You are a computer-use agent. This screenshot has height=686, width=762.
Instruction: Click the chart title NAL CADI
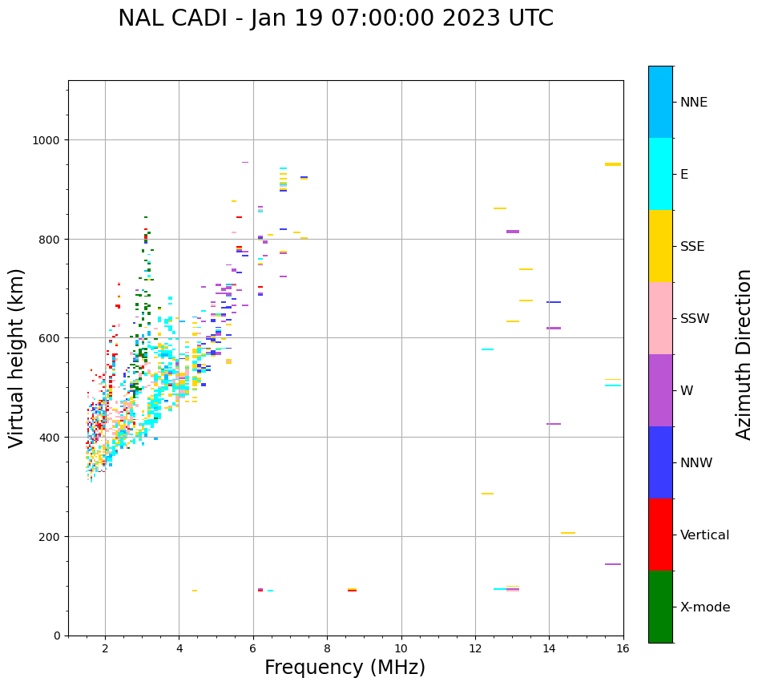coord(335,18)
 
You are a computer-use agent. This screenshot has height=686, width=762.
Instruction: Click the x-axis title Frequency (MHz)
coord(345,668)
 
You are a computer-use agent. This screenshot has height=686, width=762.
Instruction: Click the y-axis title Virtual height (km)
coord(17,357)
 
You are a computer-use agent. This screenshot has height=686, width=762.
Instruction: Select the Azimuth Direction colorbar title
coord(744,354)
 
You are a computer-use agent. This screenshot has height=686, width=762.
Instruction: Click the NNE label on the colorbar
coord(694,103)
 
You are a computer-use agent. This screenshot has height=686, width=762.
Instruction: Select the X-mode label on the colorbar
coord(705,607)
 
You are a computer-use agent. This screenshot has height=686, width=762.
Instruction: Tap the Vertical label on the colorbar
coord(705,535)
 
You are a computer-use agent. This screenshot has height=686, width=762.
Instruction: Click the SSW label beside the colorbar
coord(695,319)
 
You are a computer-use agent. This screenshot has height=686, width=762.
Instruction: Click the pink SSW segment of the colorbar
coord(660,318)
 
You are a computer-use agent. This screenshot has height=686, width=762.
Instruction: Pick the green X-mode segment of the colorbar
coord(660,607)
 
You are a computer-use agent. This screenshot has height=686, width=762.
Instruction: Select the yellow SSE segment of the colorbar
coord(660,246)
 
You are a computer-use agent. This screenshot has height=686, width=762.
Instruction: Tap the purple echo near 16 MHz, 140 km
coord(613,564)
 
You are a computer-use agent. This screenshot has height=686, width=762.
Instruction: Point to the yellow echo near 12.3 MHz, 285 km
coord(487,494)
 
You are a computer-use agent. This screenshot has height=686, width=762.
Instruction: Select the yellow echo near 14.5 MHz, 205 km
coord(568,533)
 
